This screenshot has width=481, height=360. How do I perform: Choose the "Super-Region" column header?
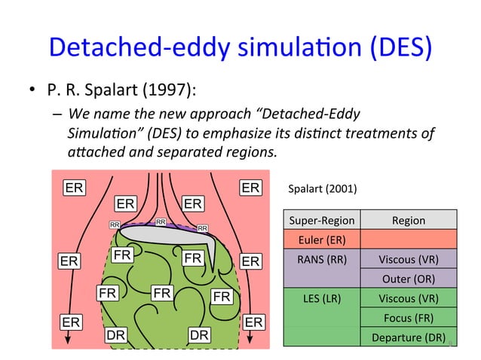point(321,220)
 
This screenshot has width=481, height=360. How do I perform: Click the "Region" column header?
point(408,220)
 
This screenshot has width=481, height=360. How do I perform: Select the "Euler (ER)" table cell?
point(321,240)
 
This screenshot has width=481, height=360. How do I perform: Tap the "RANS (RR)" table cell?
point(321,260)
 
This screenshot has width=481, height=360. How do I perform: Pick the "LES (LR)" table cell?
point(321,298)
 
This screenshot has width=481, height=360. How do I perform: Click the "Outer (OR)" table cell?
point(408,279)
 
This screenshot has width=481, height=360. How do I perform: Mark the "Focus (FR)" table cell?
point(408,318)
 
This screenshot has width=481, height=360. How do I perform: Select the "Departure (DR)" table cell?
point(408,337)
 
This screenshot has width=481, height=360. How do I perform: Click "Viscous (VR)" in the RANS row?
point(408,260)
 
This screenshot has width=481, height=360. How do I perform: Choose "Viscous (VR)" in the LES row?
point(408,298)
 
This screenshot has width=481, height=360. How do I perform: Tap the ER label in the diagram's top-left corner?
point(73,188)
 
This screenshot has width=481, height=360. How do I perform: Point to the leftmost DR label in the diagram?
point(115,334)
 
